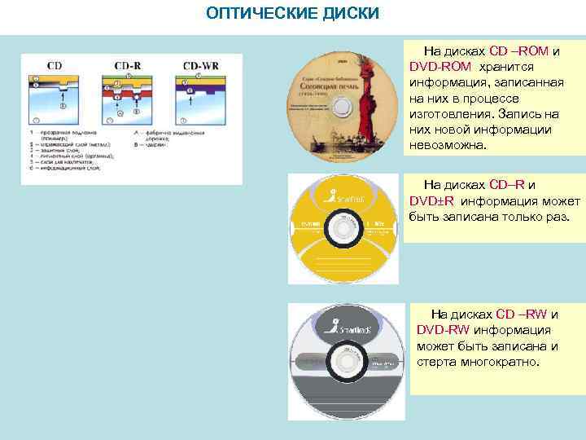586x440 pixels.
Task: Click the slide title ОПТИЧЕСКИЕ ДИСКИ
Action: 293,14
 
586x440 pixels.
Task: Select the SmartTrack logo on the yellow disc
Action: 343,196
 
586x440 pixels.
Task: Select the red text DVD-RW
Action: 443,330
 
